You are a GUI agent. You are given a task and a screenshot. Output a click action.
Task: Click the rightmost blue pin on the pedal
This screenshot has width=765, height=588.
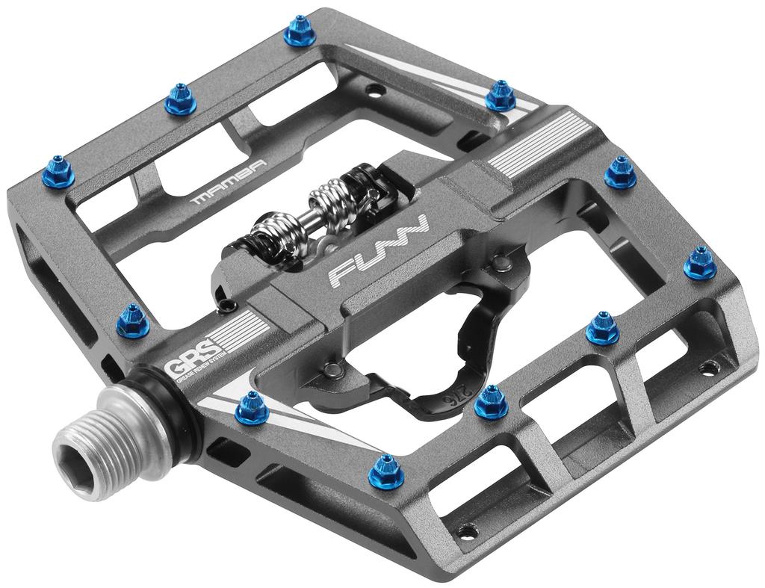(700, 262)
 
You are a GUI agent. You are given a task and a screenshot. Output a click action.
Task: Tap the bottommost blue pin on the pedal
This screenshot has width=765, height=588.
(387, 468)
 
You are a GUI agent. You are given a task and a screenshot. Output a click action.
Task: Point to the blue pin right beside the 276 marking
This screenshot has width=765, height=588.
(491, 401)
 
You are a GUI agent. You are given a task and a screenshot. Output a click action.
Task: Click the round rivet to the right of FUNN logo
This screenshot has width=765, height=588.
(498, 261)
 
